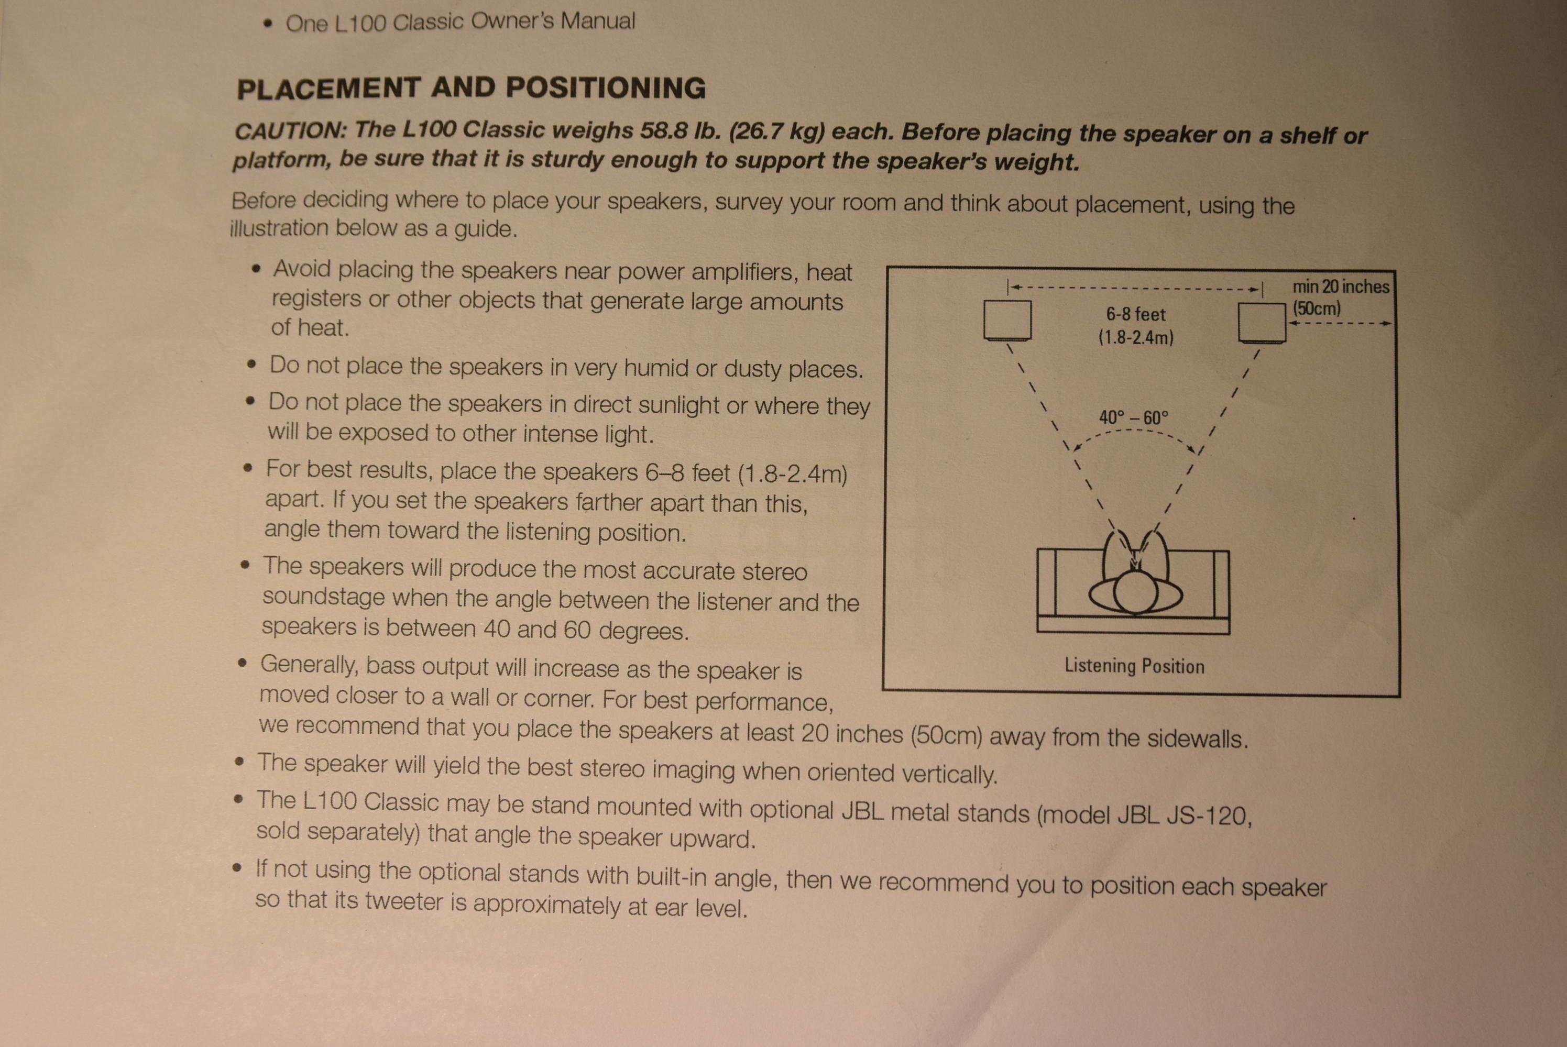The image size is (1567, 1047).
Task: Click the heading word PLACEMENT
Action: tap(328, 88)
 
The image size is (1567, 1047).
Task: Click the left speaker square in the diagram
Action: tap(1007, 321)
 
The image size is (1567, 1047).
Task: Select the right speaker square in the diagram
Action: tap(1262, 324)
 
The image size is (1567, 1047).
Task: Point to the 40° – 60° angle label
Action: tap(1134, 418)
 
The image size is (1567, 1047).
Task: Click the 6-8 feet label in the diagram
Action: tap(1135, 314)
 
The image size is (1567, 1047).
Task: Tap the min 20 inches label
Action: tap(1341, 287)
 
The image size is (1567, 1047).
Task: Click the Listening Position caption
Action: tap(1134, 666)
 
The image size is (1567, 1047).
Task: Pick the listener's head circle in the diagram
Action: tap(1135, 593)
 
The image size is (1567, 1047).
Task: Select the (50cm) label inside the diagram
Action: tap(1317, 309)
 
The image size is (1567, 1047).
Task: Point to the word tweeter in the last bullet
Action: tap(403, 901)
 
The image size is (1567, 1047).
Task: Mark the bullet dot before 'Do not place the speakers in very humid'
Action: tap(251, 365)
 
